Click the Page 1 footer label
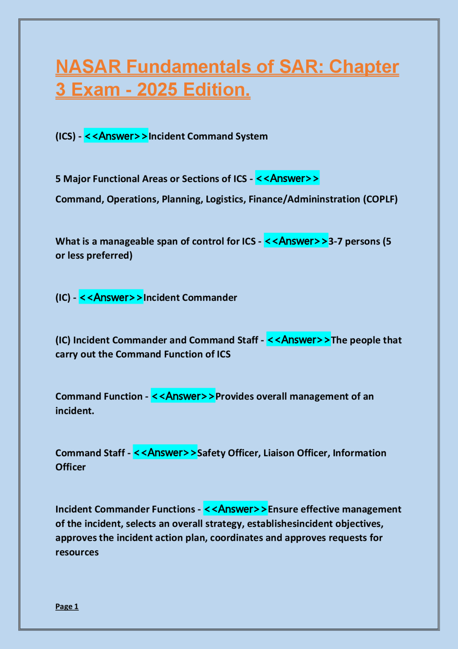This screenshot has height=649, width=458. (67, 606)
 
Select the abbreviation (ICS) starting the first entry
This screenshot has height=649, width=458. (65, 137)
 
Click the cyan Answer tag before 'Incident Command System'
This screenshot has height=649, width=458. (116, 136)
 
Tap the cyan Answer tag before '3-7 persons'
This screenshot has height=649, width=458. (296, 241)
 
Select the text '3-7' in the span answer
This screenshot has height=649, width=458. (335, 242)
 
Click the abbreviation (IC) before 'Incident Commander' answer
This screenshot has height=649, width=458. (63, 298)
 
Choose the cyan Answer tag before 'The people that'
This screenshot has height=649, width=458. (298, 340)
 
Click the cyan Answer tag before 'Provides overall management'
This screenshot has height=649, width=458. (183, 396)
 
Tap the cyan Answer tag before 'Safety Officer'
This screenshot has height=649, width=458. (165, 453)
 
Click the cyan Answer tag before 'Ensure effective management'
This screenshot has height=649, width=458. (235, 509)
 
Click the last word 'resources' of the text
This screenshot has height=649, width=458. (77, 552)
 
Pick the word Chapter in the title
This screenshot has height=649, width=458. (364, 67)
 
